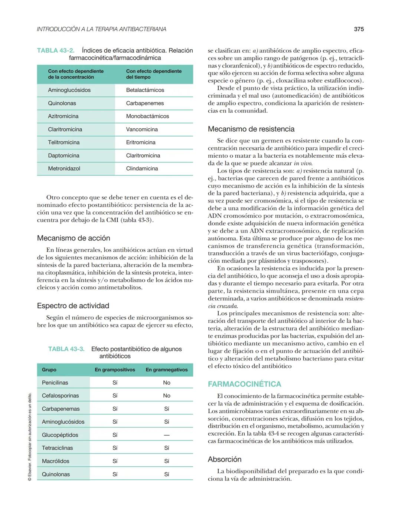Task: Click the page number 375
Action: point(359,29)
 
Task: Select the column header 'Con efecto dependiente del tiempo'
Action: point(154,74)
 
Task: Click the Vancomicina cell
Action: point(142,129)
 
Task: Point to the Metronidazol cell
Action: point(64,168)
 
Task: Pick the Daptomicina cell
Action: point(63,155)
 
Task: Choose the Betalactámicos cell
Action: point(145,90)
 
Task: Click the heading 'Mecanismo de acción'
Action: point(74,238)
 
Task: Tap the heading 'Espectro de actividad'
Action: point(73,306)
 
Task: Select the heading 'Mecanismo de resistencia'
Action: point(251,129)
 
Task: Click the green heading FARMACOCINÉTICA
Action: point(244,384)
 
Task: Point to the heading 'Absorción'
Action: point(225,459)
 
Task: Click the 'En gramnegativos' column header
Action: point(167,370)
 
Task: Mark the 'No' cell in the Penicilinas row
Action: point(167,383)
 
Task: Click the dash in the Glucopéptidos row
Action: point(167,435)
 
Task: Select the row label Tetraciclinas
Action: point(57,448)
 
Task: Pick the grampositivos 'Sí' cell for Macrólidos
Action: point(115,461)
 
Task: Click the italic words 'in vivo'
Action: point(303,163)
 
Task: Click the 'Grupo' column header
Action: point(49,370)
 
